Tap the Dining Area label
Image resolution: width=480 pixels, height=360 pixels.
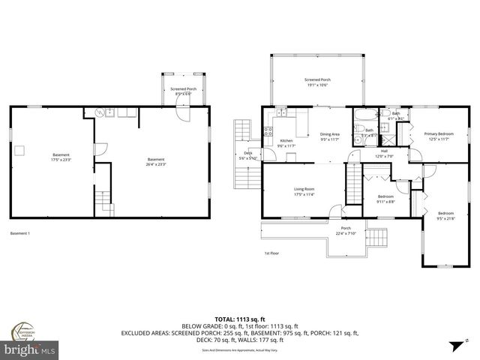point(330,134)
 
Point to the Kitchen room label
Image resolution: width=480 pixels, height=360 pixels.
point(286,140)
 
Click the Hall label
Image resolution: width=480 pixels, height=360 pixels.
point(383,151)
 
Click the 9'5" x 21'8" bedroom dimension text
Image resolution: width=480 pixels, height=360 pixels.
point(445,218)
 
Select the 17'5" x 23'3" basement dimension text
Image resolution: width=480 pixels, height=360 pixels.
point(61,159)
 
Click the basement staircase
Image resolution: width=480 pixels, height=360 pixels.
point(103,200)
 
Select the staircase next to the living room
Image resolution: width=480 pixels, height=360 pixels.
point(353,182)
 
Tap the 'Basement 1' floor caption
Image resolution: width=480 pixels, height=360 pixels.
point(20,233)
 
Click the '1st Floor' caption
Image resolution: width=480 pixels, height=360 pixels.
point(271,253)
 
